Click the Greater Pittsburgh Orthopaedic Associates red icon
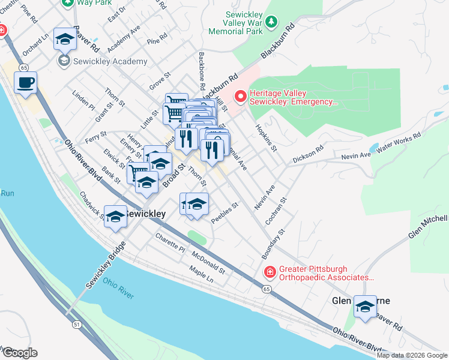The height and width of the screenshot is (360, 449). (x=270, y=272)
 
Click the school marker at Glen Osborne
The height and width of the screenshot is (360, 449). (x=364, y=307)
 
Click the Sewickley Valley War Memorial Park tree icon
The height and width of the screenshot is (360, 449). (x=272, y=22)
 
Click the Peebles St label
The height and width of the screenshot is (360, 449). (x=225, y=213)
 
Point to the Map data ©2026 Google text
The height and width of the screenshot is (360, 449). (x=411, y=355)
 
